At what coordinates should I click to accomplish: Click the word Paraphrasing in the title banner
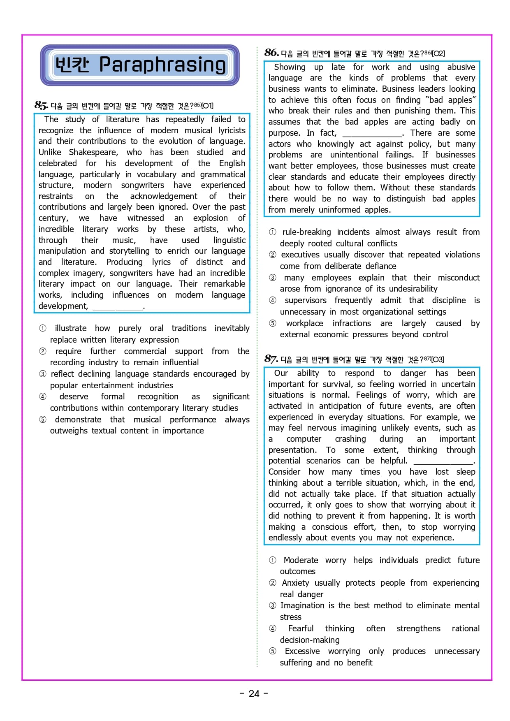(x=162, y=65)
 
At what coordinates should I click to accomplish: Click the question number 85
(x=41, y=105)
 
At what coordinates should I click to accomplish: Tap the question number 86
(x=271, y=53)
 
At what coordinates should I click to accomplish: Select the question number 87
(x=271, y=359)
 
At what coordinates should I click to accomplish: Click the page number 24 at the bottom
(x=254, y=694)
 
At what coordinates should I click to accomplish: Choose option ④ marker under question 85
(x=43, y=397)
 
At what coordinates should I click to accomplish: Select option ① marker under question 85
(x=43, y=329)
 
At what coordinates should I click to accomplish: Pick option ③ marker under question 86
(x=273, y=278)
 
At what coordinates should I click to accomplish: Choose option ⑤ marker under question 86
(x=273, y=324)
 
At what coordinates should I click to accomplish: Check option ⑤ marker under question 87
(x=273, y=651)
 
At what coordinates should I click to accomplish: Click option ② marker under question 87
(x=273, y=583)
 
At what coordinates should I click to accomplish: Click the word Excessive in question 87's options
(x=302, y=651)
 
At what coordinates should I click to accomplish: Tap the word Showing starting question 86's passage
(x=290, y=67)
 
